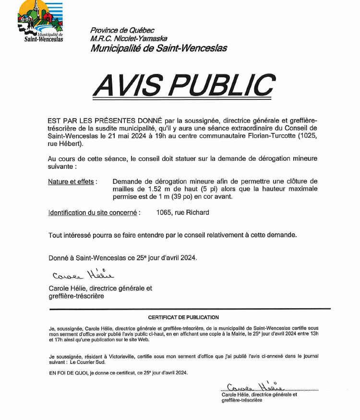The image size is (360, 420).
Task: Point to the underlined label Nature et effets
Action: pos(72,182)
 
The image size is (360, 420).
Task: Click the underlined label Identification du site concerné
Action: pos(95,212)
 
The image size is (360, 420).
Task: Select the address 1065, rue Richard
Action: pos(182,212)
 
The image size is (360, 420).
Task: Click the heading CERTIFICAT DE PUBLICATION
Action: pos(183,317)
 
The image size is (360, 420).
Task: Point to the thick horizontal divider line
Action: pos(190,308)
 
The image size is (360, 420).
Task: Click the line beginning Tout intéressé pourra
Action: pos(172,235)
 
